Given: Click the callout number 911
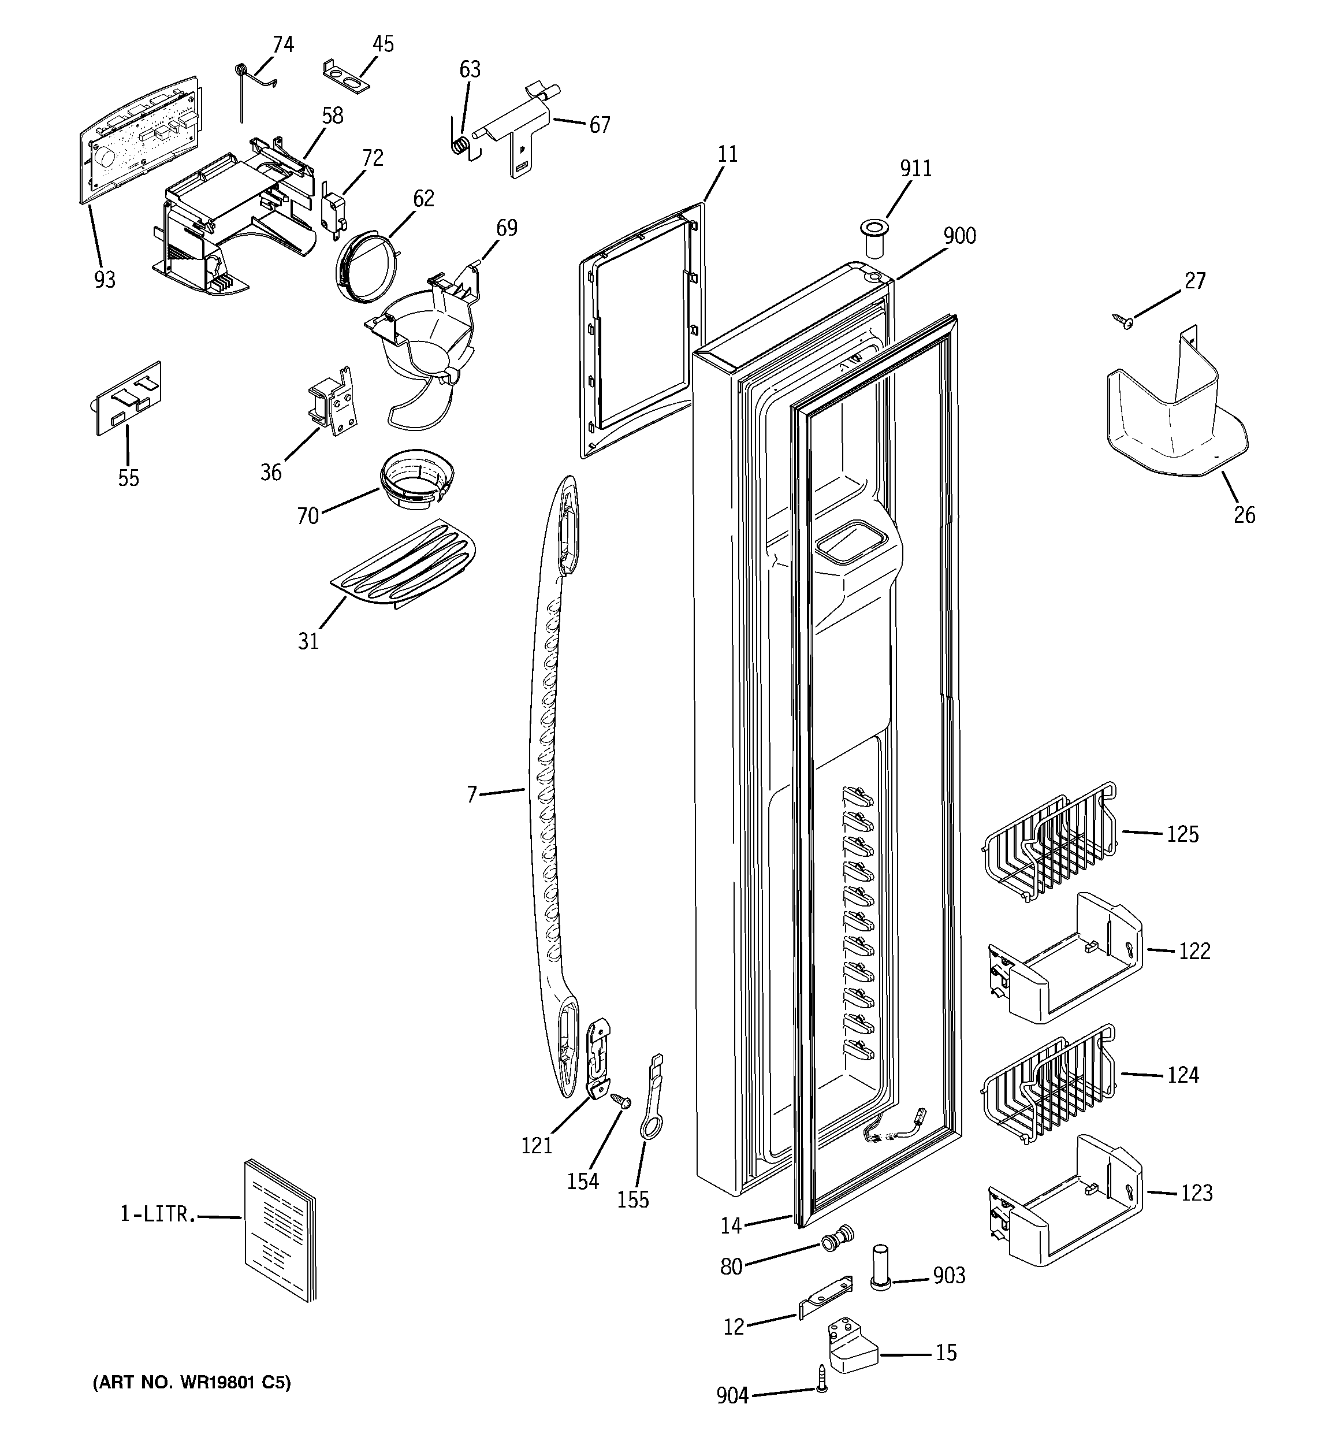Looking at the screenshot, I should pyautogui.click(x=915, y=168).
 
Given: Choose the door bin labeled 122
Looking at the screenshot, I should pyautogui.click(x=1064, y=957).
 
